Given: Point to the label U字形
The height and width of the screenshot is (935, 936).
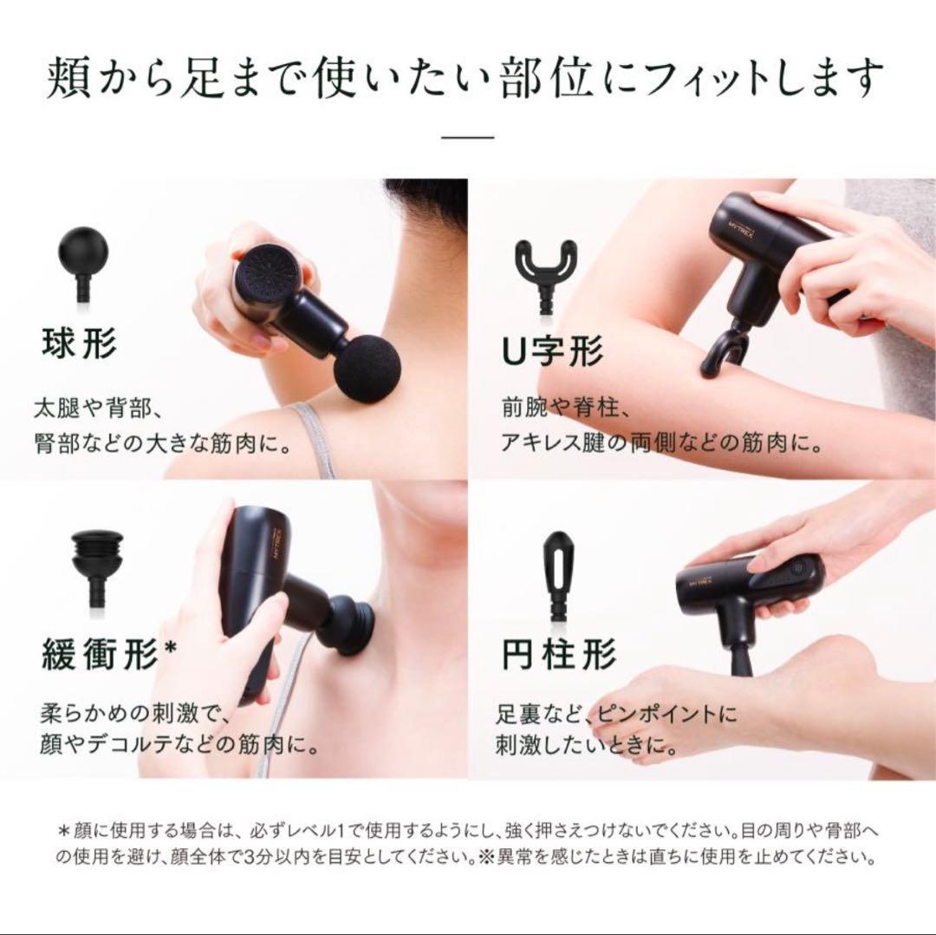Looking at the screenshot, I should [x=552, y=352].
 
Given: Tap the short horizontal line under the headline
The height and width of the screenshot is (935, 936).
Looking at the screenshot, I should [x=467, y=136].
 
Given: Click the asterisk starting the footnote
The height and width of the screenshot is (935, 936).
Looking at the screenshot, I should [x=63, y=830].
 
